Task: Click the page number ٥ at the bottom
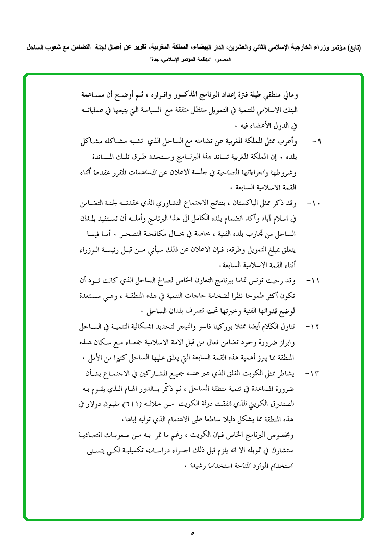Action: point(193,534)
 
